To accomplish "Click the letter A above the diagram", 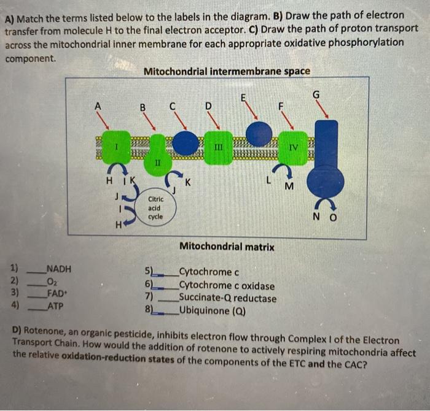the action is click(x=96, y=105).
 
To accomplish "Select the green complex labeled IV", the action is click(x=293, y=147).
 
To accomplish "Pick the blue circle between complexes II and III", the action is click(x=185, y=143).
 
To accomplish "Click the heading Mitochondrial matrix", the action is click(x=227, y=247).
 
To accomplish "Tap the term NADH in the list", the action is click(x=59, y=269).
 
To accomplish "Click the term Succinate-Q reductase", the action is click(x=227, y=299).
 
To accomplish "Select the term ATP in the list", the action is click(x=55, y=305).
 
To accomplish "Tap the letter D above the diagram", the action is click(x=208, y=106).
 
